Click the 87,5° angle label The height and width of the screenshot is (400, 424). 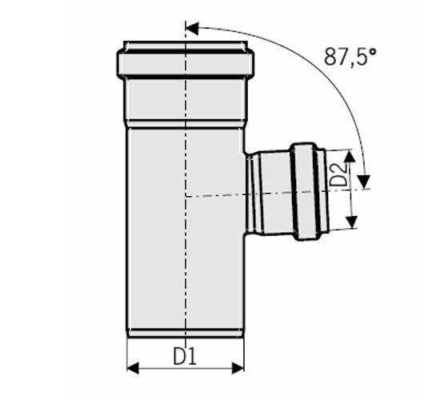[x=350, y=57]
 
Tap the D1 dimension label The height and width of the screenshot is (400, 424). [x=185, y=356]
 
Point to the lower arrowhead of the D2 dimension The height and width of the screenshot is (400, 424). [x=352, y=222]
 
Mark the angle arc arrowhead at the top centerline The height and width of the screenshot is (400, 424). [x=192, y=28]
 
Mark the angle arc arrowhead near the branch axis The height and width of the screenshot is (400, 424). [x=364, y=182]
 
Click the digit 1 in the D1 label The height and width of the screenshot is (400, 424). [x=192, y=356]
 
